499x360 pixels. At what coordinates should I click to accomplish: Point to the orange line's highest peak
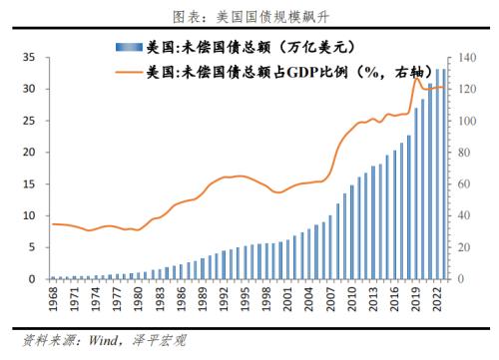coord(417,77)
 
